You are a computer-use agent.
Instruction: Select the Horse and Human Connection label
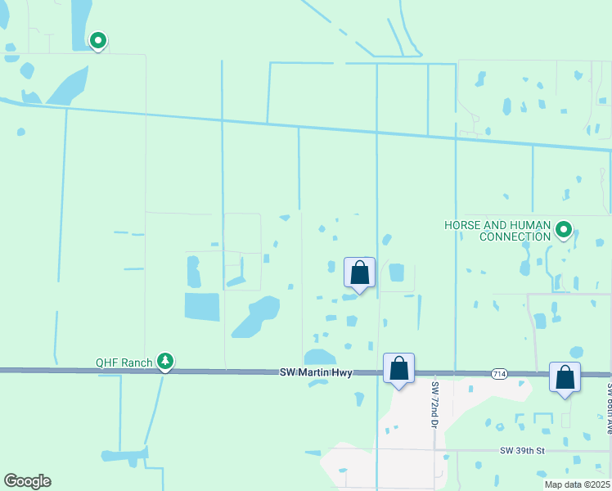[x=497, y=231]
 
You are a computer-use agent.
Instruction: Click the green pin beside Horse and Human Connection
[x=564, y=230]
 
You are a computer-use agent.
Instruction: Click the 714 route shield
[x=499, y=373]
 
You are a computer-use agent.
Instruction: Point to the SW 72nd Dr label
[x=434, y=403]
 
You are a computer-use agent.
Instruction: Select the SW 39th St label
[x=523, y=451]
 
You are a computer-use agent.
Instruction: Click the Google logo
[x=27, y=481]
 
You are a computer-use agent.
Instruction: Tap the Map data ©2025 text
[x=577, y=484]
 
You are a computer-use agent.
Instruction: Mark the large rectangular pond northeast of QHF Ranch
[x=202, y=306]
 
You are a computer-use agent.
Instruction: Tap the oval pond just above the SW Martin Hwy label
[x=320, y=357]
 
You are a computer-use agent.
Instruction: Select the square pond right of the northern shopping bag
[x=397, y=272]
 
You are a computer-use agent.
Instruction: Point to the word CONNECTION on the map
[x=515, y=236]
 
